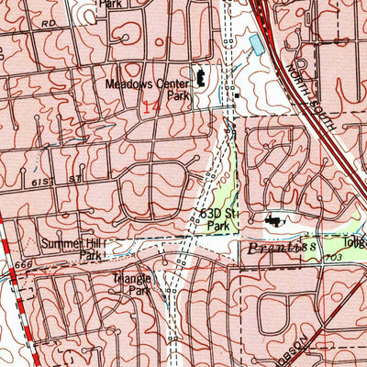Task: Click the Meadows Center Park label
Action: coord(145,88)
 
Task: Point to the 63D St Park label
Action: coord(218,217)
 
